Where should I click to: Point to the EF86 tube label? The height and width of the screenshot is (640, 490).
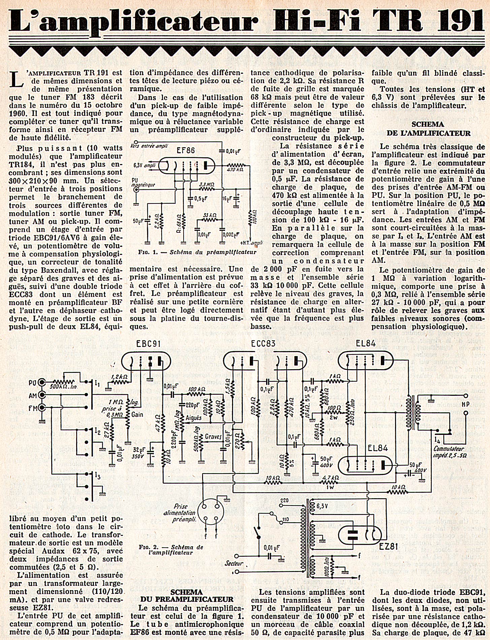coord(186,150)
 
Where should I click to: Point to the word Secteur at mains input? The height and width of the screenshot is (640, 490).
coord(235,563)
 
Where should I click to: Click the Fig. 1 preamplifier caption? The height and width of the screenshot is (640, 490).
coord(197,252)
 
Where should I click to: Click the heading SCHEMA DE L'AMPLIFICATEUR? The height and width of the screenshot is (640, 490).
coord(428,129)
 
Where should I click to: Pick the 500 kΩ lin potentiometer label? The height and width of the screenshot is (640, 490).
coord(64,387)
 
